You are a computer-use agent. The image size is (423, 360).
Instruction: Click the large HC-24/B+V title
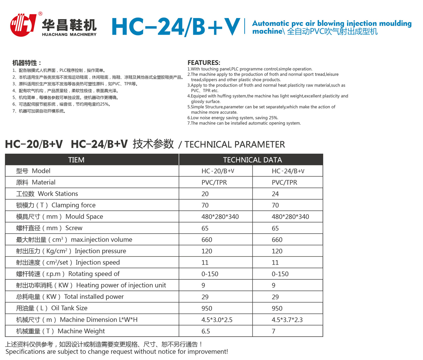pos(176,26)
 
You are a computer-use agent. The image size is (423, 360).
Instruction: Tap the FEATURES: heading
pos(204,63)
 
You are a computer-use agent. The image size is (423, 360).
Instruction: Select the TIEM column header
pos(76,160)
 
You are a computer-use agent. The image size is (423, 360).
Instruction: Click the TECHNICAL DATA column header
pos(252,160)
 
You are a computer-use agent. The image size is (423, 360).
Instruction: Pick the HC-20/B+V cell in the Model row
pos(218,171)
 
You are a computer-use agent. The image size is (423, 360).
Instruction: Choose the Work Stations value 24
pos(275,194)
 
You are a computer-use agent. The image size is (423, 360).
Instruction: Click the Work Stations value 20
pos(205,194)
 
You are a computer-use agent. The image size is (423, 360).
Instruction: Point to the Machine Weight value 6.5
pos(206,331)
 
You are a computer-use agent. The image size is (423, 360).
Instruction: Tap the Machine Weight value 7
pos(274,331)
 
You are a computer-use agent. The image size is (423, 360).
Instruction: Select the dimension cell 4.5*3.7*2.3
pos(287,320)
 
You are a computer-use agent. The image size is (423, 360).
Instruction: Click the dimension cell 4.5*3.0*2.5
pos(217,320)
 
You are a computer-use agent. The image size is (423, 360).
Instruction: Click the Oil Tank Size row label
pos(52,308)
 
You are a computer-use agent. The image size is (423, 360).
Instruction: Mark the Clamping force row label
pos(56,205)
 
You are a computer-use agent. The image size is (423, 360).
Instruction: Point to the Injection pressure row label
pos(71,251)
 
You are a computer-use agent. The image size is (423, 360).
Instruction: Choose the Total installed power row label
pos(70,297)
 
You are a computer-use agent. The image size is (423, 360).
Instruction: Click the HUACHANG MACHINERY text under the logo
pos(69,34)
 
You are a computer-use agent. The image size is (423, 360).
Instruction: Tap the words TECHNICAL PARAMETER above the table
pos(235,145)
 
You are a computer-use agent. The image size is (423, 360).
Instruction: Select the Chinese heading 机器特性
pos(27,63)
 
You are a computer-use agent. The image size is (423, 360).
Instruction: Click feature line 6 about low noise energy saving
pos(233,118)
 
